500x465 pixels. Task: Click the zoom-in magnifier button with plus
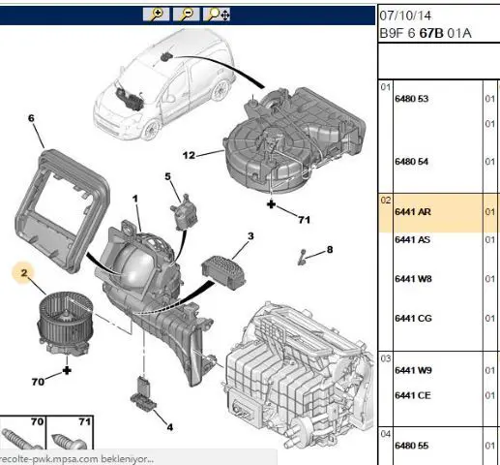point(156,15)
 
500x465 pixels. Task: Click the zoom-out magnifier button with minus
point(186,15)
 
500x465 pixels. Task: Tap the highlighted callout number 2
point(24,273)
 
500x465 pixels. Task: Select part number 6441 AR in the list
point(413,212)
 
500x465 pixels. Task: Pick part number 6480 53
point(412,99)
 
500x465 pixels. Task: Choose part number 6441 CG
point(413,319)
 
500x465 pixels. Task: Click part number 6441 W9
point(413,370)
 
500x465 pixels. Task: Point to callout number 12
point(189,155)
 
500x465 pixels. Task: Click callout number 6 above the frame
point(31,118)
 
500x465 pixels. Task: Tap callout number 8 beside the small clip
point(330,250)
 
